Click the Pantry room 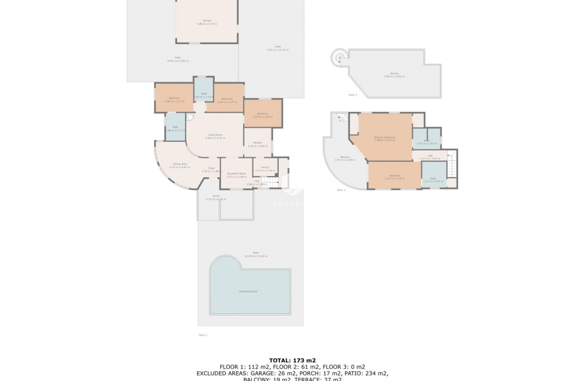point(265,169)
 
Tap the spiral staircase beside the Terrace point(340,58)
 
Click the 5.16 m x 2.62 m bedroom point(394,177)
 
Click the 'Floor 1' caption point(203,335)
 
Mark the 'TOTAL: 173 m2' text point(292,360)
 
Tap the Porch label point(216,197)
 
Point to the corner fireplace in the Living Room point(190,118)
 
